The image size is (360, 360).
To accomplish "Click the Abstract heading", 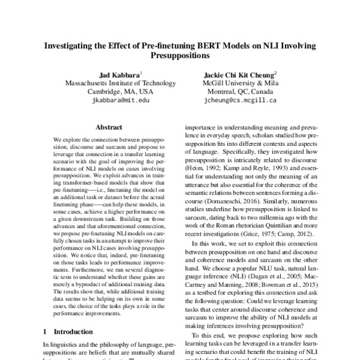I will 109,127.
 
